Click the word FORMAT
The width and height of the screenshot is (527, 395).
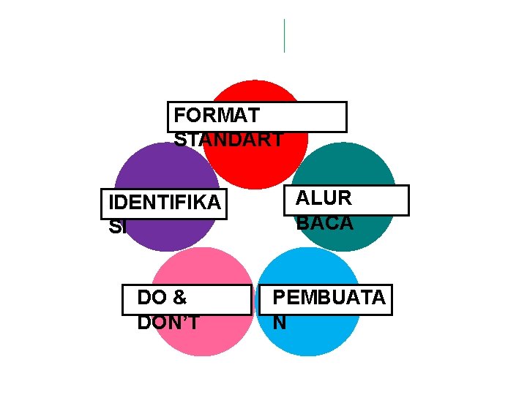[x=217, y=116]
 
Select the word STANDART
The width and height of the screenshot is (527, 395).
[x=228, y=140]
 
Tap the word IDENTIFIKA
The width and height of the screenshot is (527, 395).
[x=163, y=203]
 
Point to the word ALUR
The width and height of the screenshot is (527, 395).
[x=324, y=198]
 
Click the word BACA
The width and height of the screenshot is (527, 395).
[x=324, y=223]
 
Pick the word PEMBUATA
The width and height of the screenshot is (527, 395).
[x=329, y=298]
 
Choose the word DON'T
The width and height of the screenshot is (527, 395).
[x=168, y=323]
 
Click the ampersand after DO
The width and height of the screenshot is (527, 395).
[x=180, y=298]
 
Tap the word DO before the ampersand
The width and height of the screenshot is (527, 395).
[x=152, y=298]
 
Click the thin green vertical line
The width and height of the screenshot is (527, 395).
[x=284, y=36]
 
